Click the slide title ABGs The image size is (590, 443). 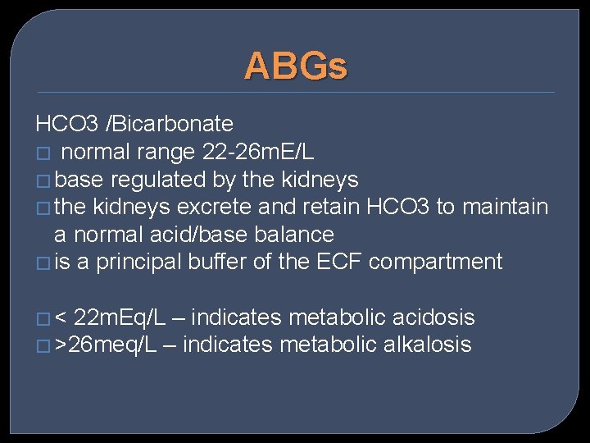(x=295, y=66)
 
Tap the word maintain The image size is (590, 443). (x=506, y=207)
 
